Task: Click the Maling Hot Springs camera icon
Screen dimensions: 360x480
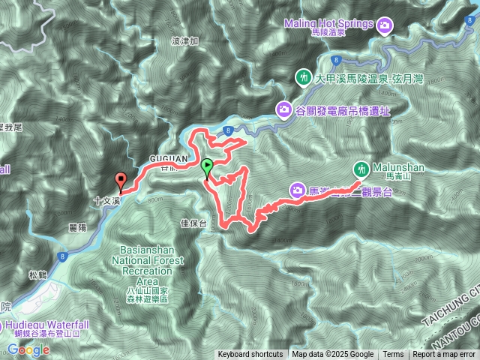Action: (384, 25)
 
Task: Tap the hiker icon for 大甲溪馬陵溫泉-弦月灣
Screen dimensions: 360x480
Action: (304, 77)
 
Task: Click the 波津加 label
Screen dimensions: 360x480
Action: (184, 41)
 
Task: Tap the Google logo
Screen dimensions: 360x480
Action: (28, 349)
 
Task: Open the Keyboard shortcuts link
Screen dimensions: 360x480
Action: (250, 355)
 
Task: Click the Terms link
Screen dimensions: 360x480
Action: (393, 355)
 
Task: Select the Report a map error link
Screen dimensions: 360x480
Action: (444, 355)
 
